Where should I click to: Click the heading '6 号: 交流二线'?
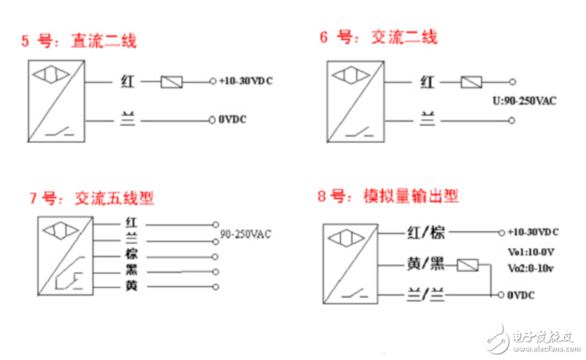378,37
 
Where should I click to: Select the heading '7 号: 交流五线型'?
91,199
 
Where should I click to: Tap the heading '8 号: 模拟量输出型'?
388,197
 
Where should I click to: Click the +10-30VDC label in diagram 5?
245,81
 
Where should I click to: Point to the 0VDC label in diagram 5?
232,120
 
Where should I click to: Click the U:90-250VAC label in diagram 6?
525,101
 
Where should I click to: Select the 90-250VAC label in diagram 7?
245,234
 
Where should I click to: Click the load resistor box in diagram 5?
171,82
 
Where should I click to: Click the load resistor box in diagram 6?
471,82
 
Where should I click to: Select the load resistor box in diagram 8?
469,264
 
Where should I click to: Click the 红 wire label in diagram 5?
127,81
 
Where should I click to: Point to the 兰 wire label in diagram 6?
427,120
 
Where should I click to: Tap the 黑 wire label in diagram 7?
132,270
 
